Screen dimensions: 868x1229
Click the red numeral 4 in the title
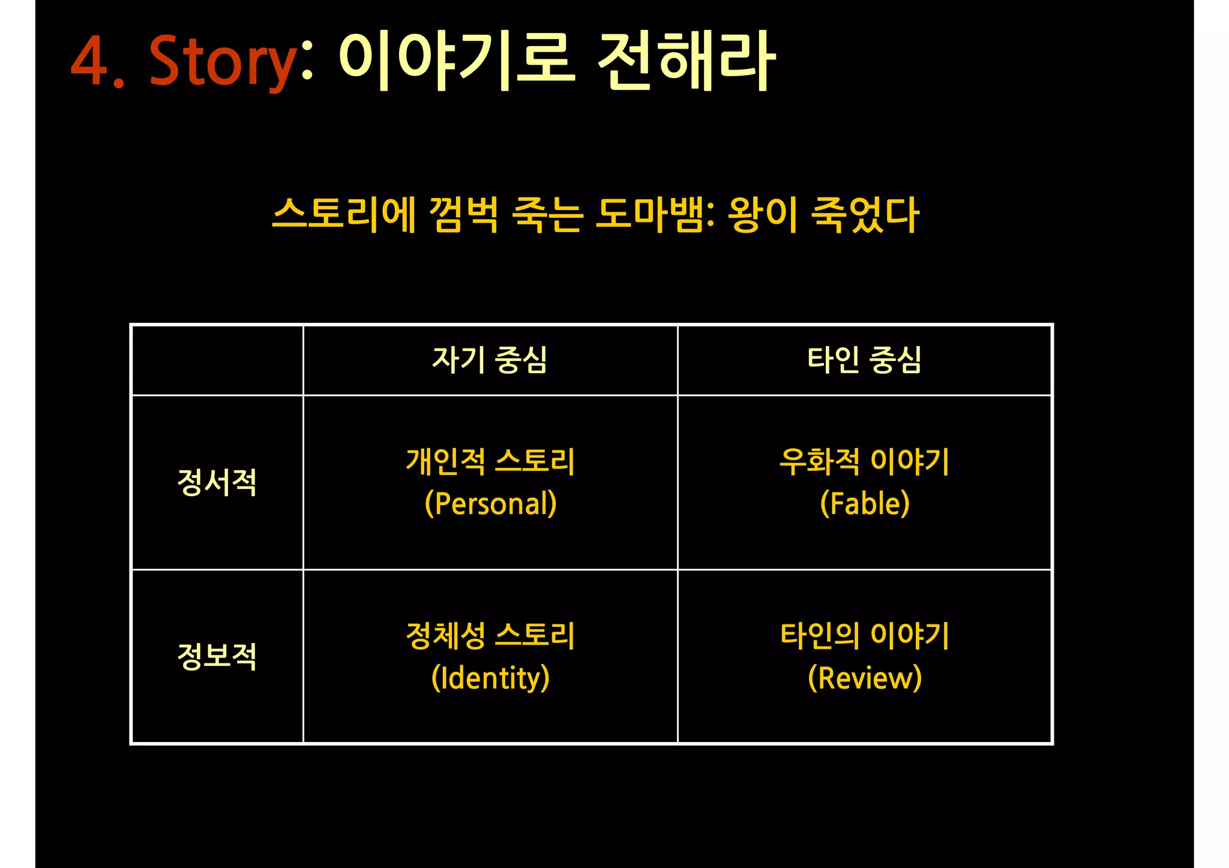tap(90, 61)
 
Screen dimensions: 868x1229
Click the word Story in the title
tap(222, 61)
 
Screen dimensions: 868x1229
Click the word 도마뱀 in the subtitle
tap(654, 214)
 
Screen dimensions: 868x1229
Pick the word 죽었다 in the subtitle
tap(865, 214)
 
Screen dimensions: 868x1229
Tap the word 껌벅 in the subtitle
tap(463, 214)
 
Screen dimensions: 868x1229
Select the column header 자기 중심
tap(490, 360)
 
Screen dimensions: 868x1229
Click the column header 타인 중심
tap(864, 360)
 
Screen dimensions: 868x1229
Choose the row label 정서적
tap(217, 482)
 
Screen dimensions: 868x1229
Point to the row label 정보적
tap(217, 656)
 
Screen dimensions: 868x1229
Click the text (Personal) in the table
tap(490, 503)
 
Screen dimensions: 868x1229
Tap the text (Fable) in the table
tap(865, 503)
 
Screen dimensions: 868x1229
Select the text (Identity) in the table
tap(490, 678)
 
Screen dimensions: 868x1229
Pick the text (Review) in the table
tap(865, 678)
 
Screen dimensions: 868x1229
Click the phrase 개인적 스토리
tap(490, 461)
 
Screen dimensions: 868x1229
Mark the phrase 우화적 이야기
tap(865, 461)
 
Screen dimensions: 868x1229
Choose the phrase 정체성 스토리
tap(490, 635)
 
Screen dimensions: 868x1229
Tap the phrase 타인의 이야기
tap(865, 635)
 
